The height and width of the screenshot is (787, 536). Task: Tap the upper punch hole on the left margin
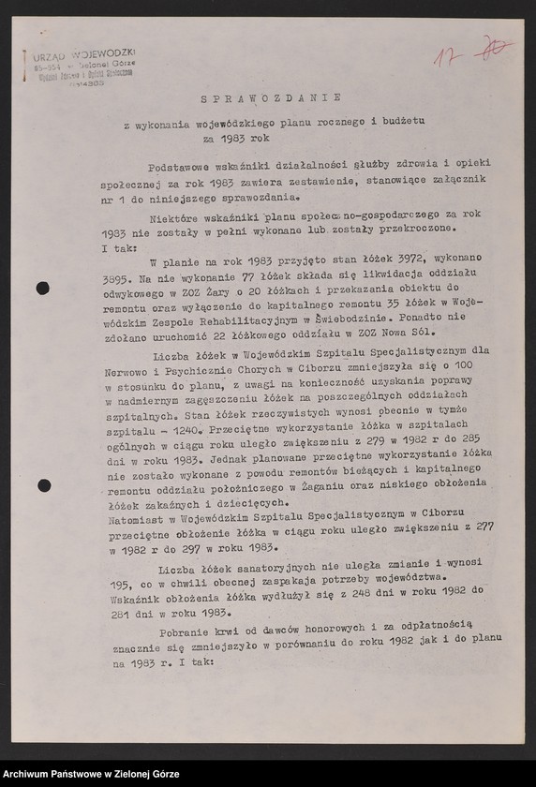42,288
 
